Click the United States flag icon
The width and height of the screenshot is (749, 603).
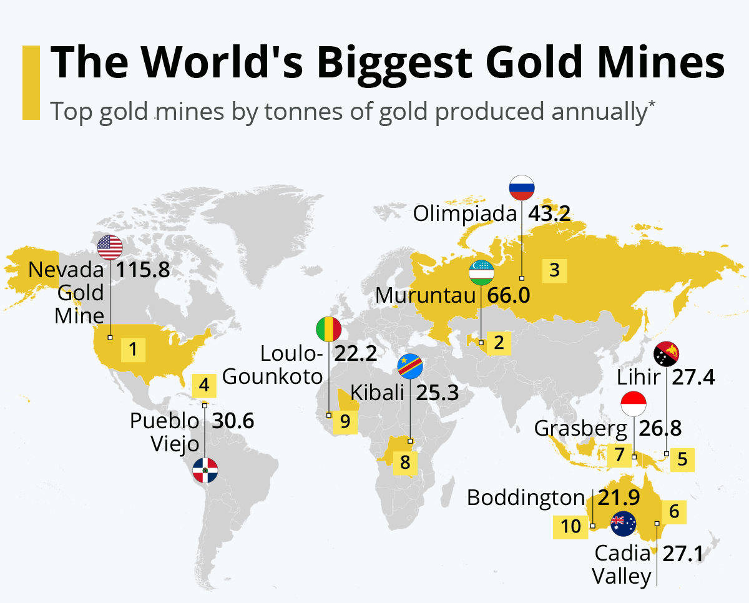(x=110, y=248)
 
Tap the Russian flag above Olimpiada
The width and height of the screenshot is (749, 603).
(x=522, y=188)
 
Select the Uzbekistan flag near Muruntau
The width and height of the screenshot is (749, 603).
(x=481, y=273)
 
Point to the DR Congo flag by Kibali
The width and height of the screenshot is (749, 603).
(x=410, y=366)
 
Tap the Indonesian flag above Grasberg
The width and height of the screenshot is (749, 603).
(x=634, y=404)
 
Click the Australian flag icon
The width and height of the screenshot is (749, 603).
(x=623, y=524)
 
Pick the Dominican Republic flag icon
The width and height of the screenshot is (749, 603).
(x=205, y=470)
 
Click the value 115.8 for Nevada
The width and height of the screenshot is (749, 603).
(x=144, y=271)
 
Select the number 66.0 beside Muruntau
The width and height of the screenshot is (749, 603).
(x=508, y=295)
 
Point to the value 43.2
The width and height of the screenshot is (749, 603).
(x=549, y=214)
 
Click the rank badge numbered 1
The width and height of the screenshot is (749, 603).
(x=133, y=350)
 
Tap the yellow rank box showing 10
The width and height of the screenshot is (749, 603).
(x=570, y=527)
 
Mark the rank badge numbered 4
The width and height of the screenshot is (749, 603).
(x=204, y=386)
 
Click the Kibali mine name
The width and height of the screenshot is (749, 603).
(x=376, y=393)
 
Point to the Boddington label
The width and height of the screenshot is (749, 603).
(x=526, y=498)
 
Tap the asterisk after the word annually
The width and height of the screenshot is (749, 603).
(x=652, y=104)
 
